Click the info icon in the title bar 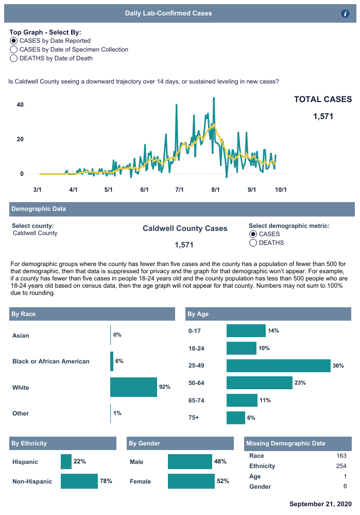(346, 14)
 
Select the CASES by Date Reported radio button (14, 41)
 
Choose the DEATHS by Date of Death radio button (14, 58)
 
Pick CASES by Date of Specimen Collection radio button (14, 49)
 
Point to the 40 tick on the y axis (20, 105)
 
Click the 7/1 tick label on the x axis (180, 190)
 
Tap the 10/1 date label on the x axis (281, 190)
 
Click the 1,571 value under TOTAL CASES (323, 117)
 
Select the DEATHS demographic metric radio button (253, 243)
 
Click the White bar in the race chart (133, 387)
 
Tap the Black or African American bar (112, 361)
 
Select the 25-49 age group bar (278, 366)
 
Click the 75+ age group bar (236, 418)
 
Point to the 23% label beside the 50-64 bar (300, 383)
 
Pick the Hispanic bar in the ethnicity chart (66, 462)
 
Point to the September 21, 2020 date (320, 504)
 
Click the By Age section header (198, 314)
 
